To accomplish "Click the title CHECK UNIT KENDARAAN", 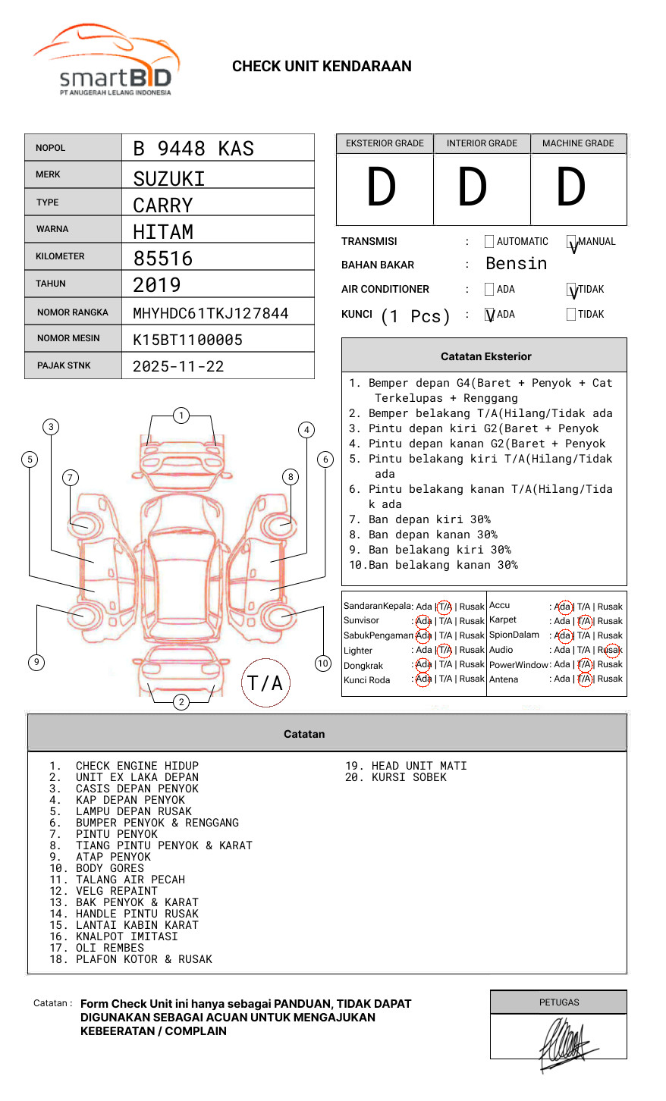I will [x=322, y=67].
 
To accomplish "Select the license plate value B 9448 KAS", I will [x=193, y=149].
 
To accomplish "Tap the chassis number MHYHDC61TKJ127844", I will [x=210, y=313].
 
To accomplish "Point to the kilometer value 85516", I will [x=163, y=259].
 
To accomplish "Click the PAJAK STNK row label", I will [x=64, y=365].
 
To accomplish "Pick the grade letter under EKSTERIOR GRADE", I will [x=382, y=188].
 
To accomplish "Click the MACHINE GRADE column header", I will [x=578, y=143].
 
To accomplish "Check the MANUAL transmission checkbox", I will [x=572, y=243].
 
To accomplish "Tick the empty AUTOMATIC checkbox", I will [x=489, y=242].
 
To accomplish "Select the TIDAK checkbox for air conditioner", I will [x=572, y=290].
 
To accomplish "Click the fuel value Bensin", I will [x=516, y=264].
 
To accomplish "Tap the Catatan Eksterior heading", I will [x=485, y=356].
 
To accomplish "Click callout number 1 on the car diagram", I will [x=181, y=416].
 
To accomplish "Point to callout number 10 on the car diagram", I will [x=323, y=663].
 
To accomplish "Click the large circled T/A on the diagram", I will [x=265, y=683].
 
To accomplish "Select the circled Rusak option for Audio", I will [x=611, y=650].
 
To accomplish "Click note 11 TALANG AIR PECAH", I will [x=130, y=880].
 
